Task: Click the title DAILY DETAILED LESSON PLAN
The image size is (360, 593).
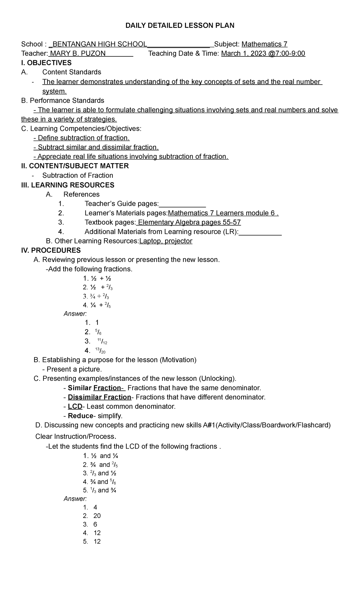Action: click(180, 26)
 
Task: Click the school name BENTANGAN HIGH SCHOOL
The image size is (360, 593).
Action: click(100, 44)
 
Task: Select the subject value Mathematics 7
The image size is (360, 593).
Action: click(264, 44)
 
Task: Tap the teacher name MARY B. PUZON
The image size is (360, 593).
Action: click(78, 54)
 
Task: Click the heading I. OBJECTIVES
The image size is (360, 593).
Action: click(46, 63)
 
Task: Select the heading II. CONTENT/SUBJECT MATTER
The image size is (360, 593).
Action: click(75, 166)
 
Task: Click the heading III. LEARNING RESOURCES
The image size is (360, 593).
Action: click(68, 185)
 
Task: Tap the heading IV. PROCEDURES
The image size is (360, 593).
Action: click(51, 250)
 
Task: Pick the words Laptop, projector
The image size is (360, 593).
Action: click(166, 241)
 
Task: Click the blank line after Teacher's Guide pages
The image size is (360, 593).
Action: click(182, 204)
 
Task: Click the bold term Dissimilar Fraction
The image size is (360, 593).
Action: click(100, 397)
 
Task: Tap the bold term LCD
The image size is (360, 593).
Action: click(75, 407)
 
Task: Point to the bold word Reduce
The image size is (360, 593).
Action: click(80, 416)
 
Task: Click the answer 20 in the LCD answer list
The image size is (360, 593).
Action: click(97, 516)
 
